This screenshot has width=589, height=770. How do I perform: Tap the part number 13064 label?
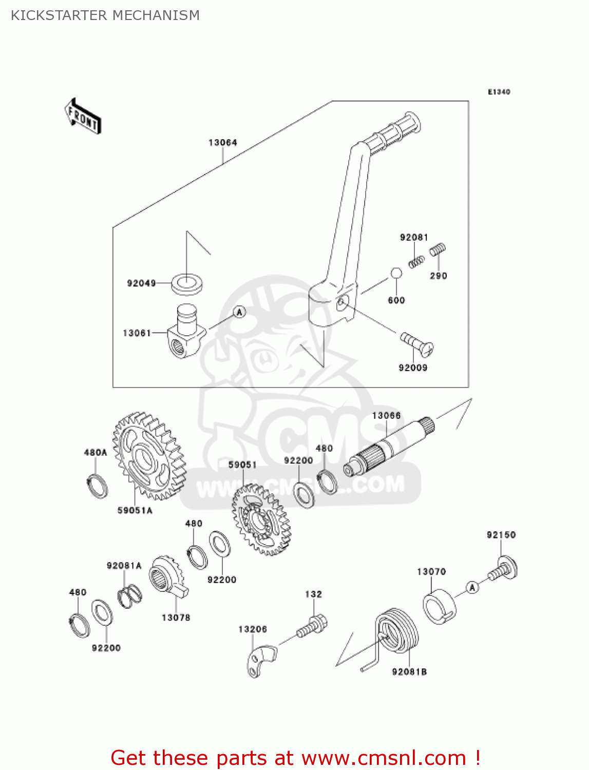pyautogui.click(x=222, y=143)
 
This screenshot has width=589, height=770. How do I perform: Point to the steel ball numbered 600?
pyautogui.click(x=396, y=273)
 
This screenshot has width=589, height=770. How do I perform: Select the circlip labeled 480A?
pyautogui.click(x=97, y=486)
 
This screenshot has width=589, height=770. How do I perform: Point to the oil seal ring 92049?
pyautogui.click(x=186, y=284)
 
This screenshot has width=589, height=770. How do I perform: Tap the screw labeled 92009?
pyautogui.click(x=416, y=344)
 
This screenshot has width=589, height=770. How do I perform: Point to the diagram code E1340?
pyautogui.click(x=499, y=92)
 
